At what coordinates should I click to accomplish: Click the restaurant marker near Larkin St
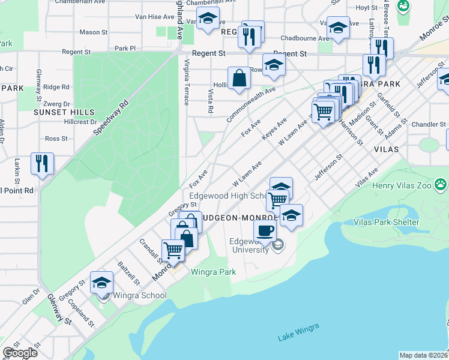point(42,163)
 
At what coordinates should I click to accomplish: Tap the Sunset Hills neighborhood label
point(64,112)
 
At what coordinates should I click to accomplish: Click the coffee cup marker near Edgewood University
point(265,230)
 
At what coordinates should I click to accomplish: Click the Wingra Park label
point(213,272)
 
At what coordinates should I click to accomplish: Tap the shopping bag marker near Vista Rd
point(239,78)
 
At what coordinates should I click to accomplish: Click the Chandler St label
point(429,124)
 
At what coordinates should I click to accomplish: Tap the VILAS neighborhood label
point(387,148)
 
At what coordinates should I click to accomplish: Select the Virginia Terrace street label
point(187,83)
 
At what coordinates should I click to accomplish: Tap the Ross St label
point(56,139)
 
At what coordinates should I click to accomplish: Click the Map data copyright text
point(423,355)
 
